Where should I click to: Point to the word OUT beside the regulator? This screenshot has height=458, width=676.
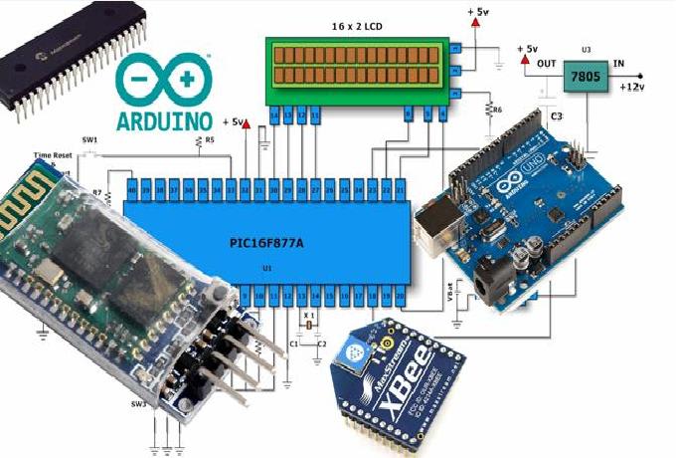click(x=544, y=64)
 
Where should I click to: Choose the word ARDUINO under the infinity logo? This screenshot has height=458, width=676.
click(x=165, y=119)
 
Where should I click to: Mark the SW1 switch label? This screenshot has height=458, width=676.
click(x=89, y=139)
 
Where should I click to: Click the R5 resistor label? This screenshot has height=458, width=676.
click(x=210, y=141)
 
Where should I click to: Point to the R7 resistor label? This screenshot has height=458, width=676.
click(x=96, y=192)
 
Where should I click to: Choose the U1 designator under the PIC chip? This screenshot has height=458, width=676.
click(x=267, y=269)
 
